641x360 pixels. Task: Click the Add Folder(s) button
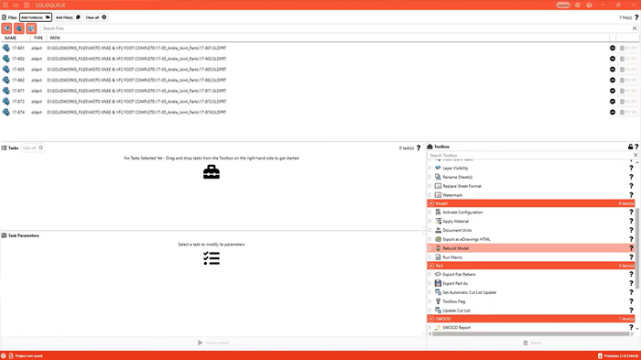click(x=36, y=17)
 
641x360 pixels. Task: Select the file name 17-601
click(x=18, y=48)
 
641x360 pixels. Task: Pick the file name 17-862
click(x=18, y=80)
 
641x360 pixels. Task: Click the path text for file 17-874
click(x=136, y=113)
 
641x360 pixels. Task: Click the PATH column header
click(x=55, y=38)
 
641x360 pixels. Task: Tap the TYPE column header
click(x=38, y=38)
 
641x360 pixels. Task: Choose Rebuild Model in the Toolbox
click(x=456, y=248)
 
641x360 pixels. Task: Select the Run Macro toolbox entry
click(x=452, y=257)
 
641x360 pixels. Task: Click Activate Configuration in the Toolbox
click(x=462, y=213)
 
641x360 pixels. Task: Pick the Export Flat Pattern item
click(x=461, y=275)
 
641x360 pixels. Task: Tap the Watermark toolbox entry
click(x=452, y=195)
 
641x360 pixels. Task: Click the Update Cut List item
click(x=457, y=311)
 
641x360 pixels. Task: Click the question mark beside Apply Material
click(x=631, y=222)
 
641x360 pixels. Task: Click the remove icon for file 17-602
click(x=613, y=59)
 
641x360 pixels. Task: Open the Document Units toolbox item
click(x=457, y=231)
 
